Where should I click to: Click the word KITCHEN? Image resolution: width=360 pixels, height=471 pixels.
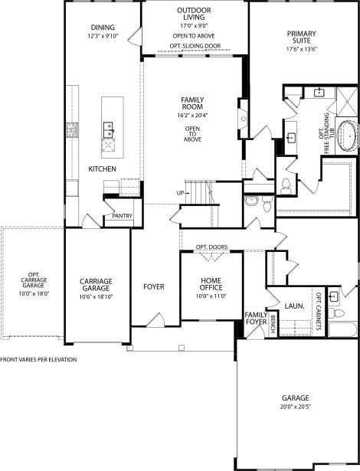pyautogui.click(x=102, y=168)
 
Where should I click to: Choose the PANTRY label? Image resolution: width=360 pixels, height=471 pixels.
pyautogui.click(x=122, y=216)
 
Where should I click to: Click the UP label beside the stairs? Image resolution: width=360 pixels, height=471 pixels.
pyautogui.click(x=180, y=192)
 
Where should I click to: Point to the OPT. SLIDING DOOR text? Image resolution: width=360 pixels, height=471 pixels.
pyautogui.click(x=195, y=45)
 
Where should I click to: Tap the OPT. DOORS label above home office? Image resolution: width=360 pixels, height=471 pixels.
pyautogui.click(x=211, y=247)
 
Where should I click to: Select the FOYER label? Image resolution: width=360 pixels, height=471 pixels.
pyautogui.click(x=154, y=287)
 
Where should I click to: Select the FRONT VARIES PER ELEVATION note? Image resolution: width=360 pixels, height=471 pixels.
pyautogui.click(x=38, y=359)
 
